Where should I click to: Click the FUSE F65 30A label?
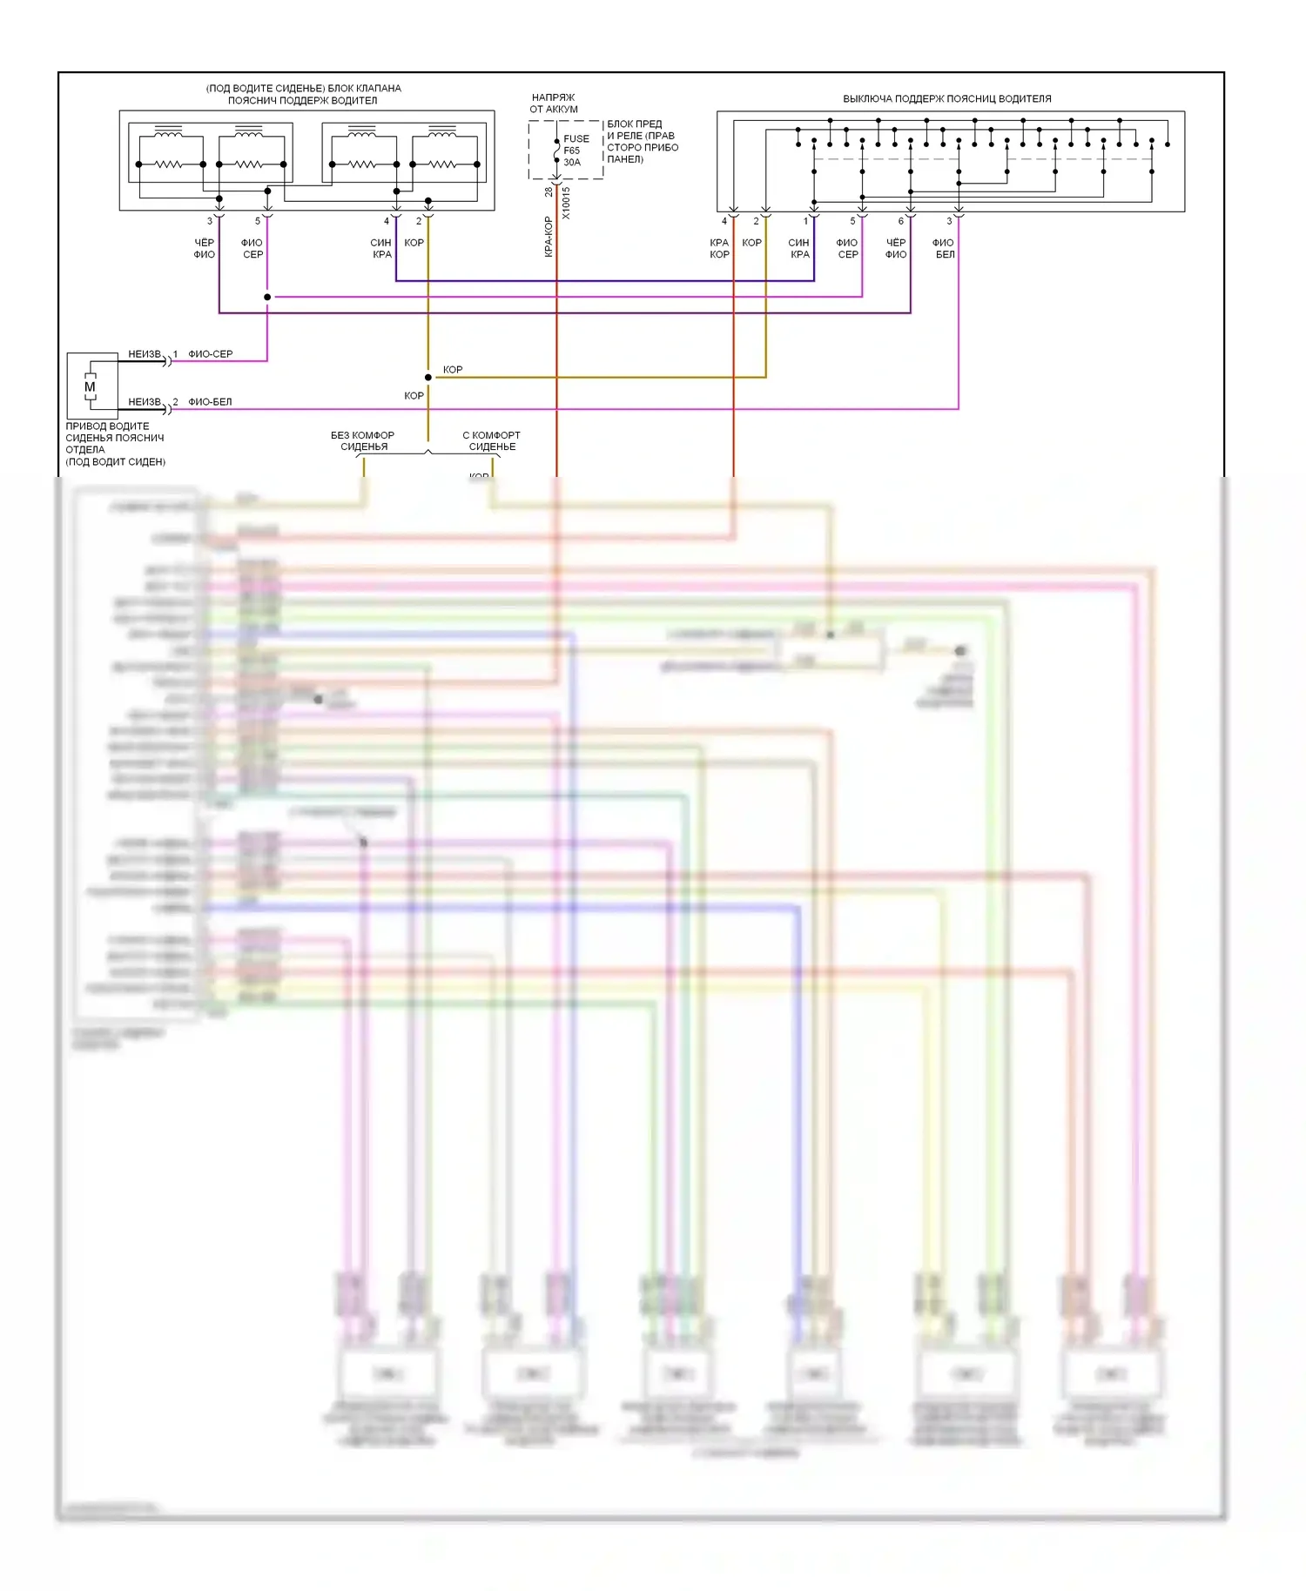pos(575,151)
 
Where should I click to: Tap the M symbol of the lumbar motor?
pos(90,387)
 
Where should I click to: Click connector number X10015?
pos(566,203)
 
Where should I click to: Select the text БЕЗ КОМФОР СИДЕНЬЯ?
pos(362,441)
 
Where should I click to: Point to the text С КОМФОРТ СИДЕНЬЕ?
pos(492,441)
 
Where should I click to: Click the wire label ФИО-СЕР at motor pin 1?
pos(211,354)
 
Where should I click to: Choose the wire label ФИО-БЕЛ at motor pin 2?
pos(211,402)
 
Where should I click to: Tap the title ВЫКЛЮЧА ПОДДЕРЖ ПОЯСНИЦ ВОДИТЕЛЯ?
pos(946,99)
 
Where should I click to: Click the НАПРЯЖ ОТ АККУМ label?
pos(554,104)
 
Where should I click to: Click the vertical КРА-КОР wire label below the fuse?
pos(549,237)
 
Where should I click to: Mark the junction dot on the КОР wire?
pos(427,378)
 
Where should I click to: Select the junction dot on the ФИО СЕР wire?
pos(267,297)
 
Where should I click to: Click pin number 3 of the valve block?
pos(210,221)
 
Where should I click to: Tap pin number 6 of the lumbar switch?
pos(901,221)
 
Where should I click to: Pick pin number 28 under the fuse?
pos(549,191)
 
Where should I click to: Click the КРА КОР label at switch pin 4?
pos(719,249)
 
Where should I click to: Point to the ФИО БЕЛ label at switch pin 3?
pos(944,249)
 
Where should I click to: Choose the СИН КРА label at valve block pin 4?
pos(381,249)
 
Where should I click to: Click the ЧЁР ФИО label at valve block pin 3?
pos(204,249)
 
